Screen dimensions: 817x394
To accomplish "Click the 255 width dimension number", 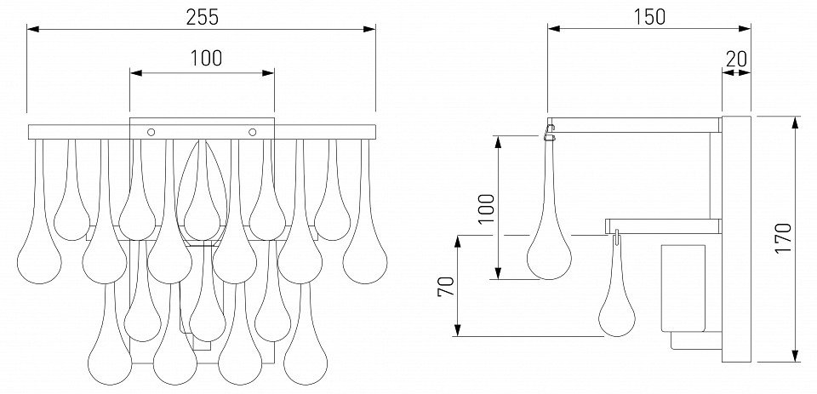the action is tap(203, 17).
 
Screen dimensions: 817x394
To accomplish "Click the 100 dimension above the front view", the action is tap(205, 58).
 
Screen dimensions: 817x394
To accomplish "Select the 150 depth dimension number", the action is tap(649, 17).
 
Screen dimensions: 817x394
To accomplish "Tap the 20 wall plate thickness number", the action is tap(736, 59).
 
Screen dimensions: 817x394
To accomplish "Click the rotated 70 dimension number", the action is tap(447, 286).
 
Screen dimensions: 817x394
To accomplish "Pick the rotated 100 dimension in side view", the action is tap(486, 208).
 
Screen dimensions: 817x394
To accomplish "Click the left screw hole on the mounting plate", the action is tap(151, 132).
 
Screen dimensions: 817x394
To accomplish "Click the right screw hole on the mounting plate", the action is tap(253, 132).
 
